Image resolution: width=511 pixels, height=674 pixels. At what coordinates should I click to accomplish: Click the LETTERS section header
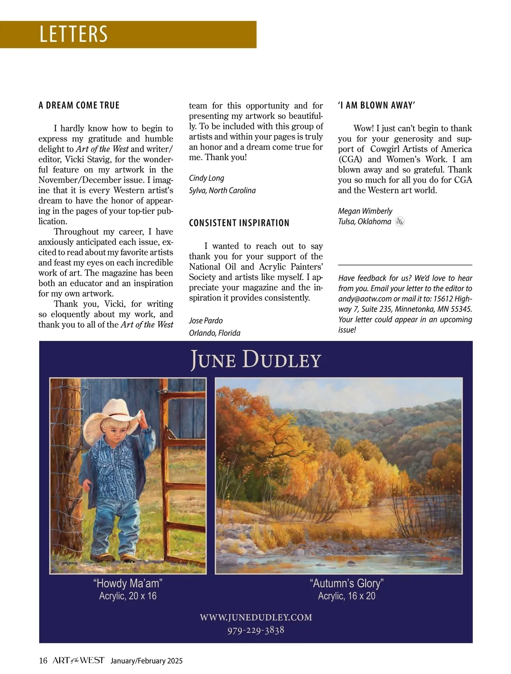pos(73,34)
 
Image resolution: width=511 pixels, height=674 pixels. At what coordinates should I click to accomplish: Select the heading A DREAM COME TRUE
pos(79,105)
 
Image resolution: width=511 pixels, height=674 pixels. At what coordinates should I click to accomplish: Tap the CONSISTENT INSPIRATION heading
pos(239,223)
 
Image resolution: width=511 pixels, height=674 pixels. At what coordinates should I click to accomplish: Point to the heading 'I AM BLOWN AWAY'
pos(376,105)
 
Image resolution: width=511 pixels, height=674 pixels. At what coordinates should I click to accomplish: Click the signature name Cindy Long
pos(207,178)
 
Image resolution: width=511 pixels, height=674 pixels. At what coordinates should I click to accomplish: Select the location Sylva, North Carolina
pos(222,190)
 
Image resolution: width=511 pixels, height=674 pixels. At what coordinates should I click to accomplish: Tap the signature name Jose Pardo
pos(206,320)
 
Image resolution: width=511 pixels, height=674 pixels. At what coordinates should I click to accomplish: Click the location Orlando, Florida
pos(215,333)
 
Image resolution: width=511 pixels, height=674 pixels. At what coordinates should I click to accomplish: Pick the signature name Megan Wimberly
pos(365,211)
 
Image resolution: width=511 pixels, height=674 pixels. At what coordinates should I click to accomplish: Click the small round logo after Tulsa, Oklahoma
pos(399,222)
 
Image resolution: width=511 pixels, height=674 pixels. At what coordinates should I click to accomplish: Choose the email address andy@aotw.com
pos(365,299)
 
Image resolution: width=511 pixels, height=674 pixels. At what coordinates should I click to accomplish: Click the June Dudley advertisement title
pos(255,360)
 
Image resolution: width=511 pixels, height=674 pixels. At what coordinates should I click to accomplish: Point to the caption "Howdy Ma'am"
pos(128,583)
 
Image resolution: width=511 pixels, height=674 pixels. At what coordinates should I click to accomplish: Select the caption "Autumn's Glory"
pos(347,583)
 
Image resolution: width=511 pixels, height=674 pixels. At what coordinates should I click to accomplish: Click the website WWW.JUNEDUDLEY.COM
pos(256,617)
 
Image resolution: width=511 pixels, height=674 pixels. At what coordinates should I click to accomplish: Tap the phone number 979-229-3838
pos(255,630)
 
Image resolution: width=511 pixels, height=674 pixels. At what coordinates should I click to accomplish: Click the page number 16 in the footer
pos(43,661)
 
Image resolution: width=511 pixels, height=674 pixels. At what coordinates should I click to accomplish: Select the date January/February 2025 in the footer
pos(146,661)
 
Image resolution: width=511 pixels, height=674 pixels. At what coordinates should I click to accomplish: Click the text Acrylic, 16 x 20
pos(347,596)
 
